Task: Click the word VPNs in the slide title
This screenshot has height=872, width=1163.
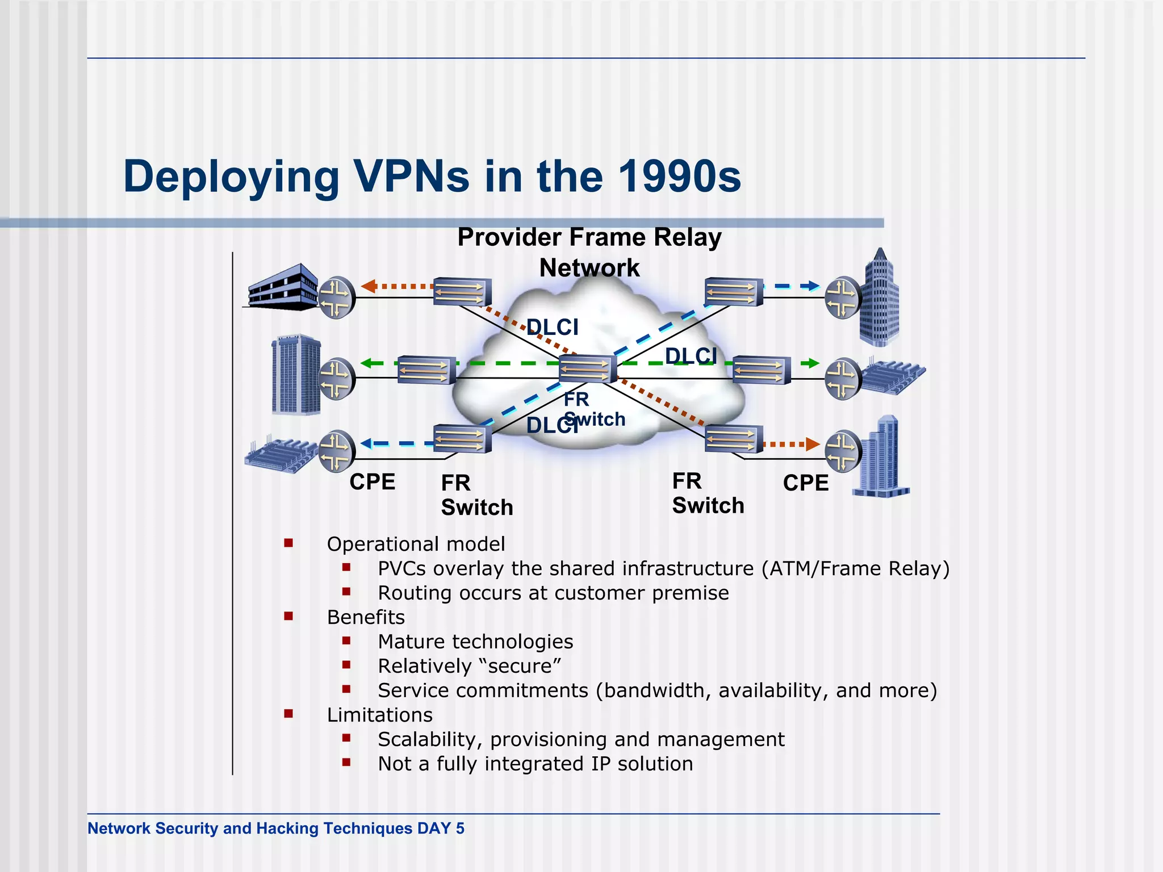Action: coord(412,176)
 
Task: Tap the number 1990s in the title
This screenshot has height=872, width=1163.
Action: coord(679,176)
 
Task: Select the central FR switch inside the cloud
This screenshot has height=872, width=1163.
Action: coord(587,369)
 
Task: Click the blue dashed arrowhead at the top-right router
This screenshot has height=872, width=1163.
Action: coord(813,286)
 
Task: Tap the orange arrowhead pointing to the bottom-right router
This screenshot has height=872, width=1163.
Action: coord(812,444)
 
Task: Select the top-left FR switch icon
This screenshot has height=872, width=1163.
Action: coord(462,292)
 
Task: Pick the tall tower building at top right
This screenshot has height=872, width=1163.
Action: coord(879,298)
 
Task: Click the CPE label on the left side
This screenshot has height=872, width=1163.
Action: coord(372,482)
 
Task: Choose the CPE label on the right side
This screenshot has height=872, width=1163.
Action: coord(805,483)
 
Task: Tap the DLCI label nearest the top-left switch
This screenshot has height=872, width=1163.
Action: coord(552,328)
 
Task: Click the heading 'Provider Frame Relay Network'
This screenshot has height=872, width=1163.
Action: coord(589,252)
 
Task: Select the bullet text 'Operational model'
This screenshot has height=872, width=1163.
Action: coord(416,544)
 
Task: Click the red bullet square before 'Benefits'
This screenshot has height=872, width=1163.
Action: coord(288,616)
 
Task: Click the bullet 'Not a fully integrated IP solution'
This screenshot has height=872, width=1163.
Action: coord(536,764)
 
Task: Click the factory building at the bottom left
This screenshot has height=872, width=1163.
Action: coord(279,453)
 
